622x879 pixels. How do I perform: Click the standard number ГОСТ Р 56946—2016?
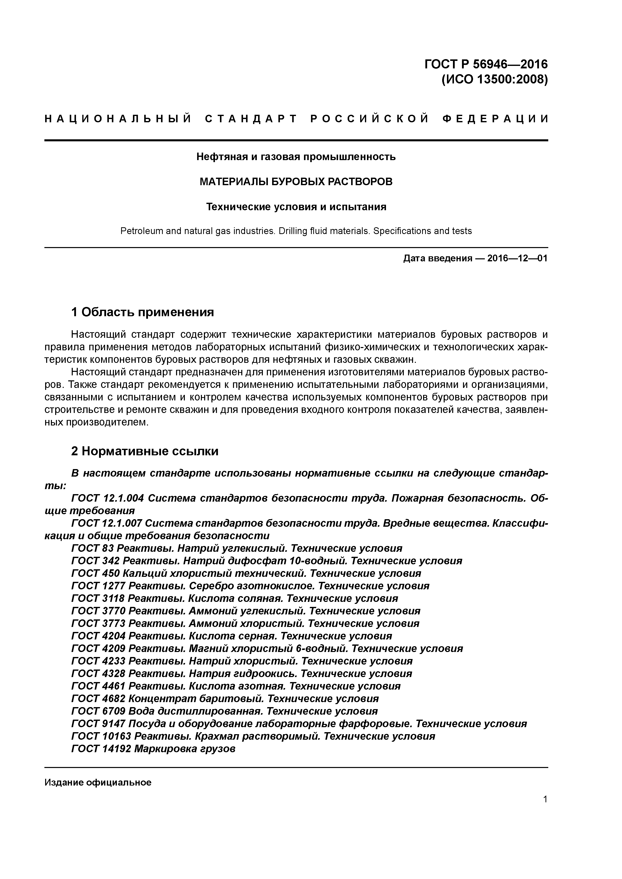coord(486,64)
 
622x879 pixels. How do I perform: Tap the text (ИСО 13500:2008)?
coord(494,80)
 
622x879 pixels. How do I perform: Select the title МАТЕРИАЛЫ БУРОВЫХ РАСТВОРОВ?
coord(296,181)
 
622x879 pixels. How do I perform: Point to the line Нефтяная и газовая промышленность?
coord(296,157)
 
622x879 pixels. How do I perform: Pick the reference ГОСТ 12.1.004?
coord(108,498)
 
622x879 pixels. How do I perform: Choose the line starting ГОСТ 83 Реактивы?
coord(237,548)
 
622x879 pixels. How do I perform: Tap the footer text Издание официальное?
coord(98,782)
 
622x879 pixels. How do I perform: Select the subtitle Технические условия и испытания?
coord(296,207)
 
